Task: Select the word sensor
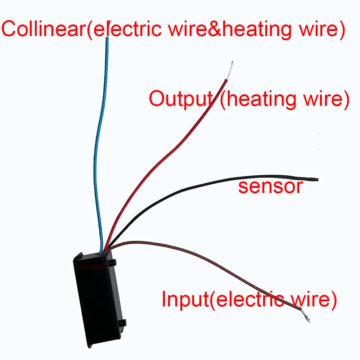pyautogui.click(x=270, y=187)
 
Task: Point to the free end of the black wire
pyautogui.click(x=316, y=179)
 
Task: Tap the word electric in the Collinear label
pyautogui.click(x=124, y=30)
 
